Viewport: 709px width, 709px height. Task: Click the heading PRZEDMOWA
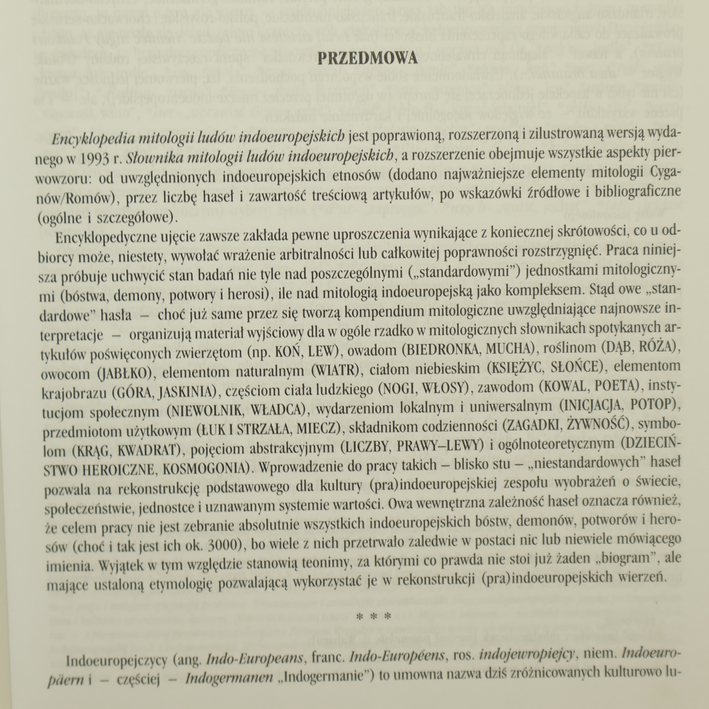(367, 59)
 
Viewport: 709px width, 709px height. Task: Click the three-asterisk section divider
(374, 617)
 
